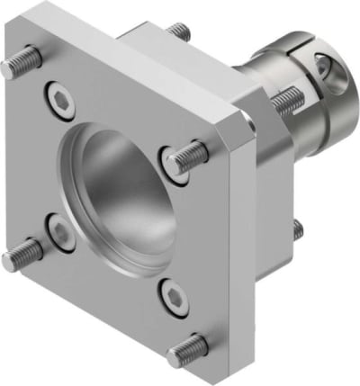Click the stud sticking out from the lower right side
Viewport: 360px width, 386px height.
pyautogui.click(x=298, y=230)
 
